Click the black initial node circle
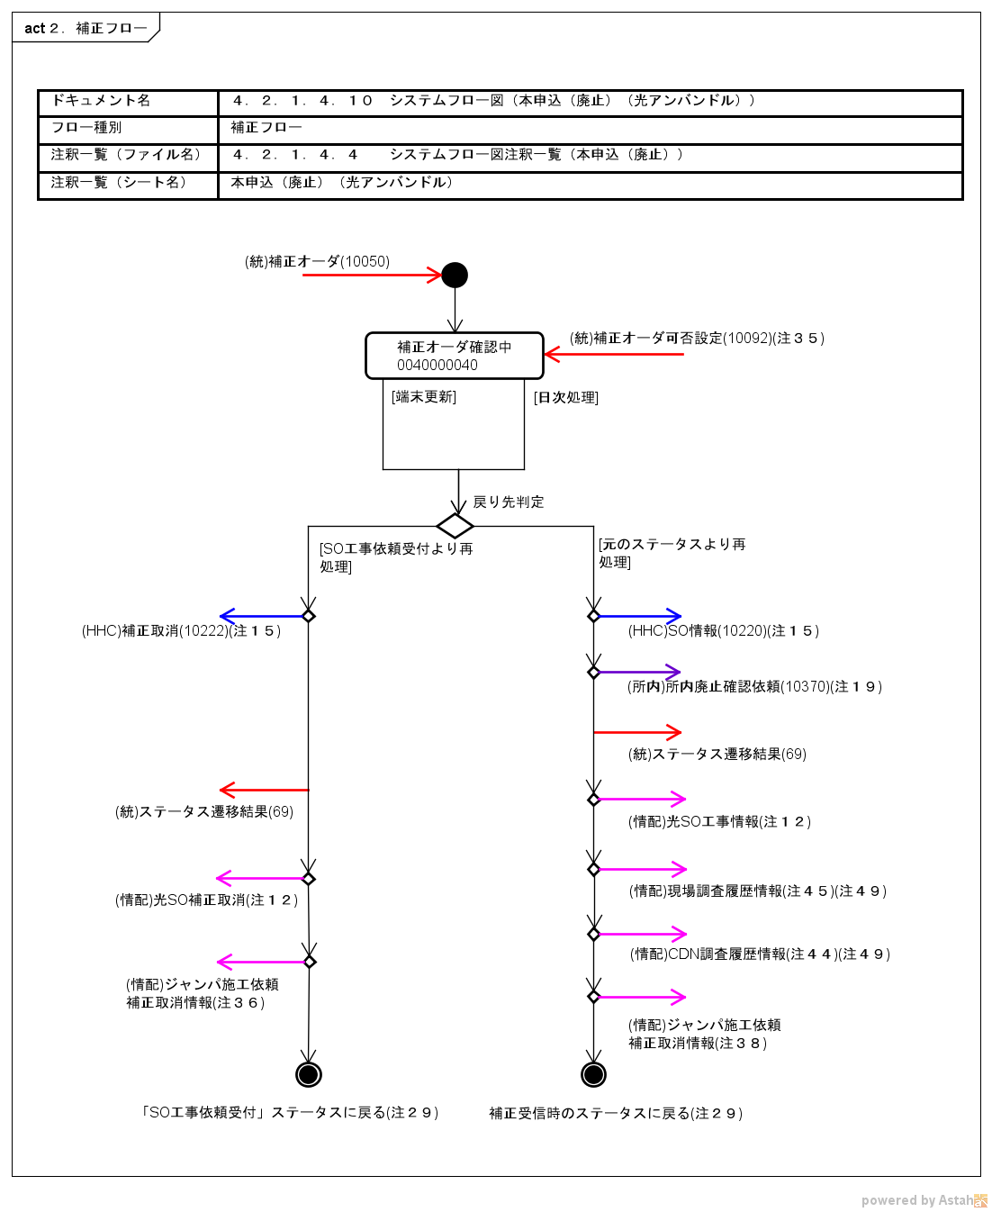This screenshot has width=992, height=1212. pos(455,275)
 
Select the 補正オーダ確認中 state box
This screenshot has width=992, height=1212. pos(455,356)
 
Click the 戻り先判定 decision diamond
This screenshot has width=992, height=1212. pos(455,526)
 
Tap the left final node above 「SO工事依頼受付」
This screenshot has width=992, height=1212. pos(309,1074)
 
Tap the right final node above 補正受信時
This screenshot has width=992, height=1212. pos(593,1074)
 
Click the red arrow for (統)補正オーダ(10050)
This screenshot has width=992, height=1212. pos(371,275)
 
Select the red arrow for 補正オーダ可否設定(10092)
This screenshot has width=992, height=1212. pos(614,355)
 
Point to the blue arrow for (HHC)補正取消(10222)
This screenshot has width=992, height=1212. pos(264,616)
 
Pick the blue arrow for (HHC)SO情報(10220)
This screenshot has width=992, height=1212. pos(638,616)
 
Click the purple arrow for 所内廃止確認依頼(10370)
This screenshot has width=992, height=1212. pos(638,672)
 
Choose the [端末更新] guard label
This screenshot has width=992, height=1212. pos(424,397)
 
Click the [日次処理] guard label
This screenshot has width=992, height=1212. pos(566,397)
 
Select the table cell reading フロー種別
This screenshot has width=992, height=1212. pos(86,128)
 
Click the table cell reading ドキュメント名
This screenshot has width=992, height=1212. pos(101,101)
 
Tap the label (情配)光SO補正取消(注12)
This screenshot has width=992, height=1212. pos(206,900)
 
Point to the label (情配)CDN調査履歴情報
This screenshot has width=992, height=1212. pos(760,954)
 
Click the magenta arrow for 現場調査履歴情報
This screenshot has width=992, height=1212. pos(641,869)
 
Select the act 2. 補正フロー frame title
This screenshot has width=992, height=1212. pos(86,28)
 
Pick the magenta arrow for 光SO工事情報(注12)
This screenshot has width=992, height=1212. pos(640,799)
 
